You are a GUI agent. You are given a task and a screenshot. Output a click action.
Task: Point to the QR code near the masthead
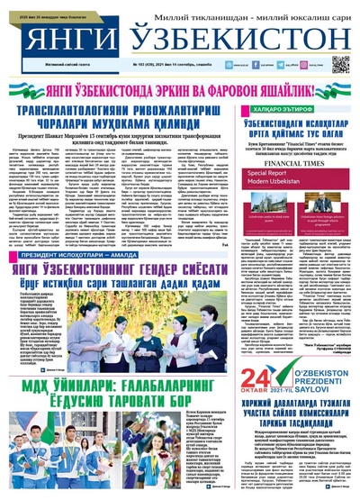click(339, 64)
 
